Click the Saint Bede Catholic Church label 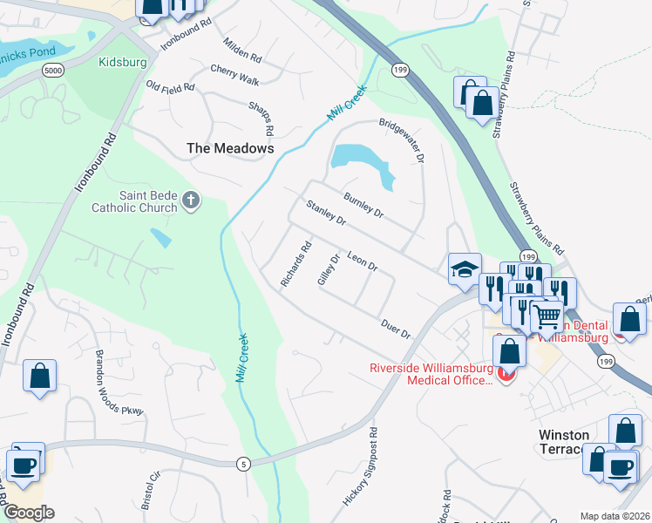pos(135,202)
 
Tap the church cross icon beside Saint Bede pos(191,202)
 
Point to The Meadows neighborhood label pos(230,149)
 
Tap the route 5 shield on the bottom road pos(241,464)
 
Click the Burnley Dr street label pos(363,205)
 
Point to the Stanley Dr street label pos(327,214)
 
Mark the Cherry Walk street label pos(234,75)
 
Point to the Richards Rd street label pos(295,264)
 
